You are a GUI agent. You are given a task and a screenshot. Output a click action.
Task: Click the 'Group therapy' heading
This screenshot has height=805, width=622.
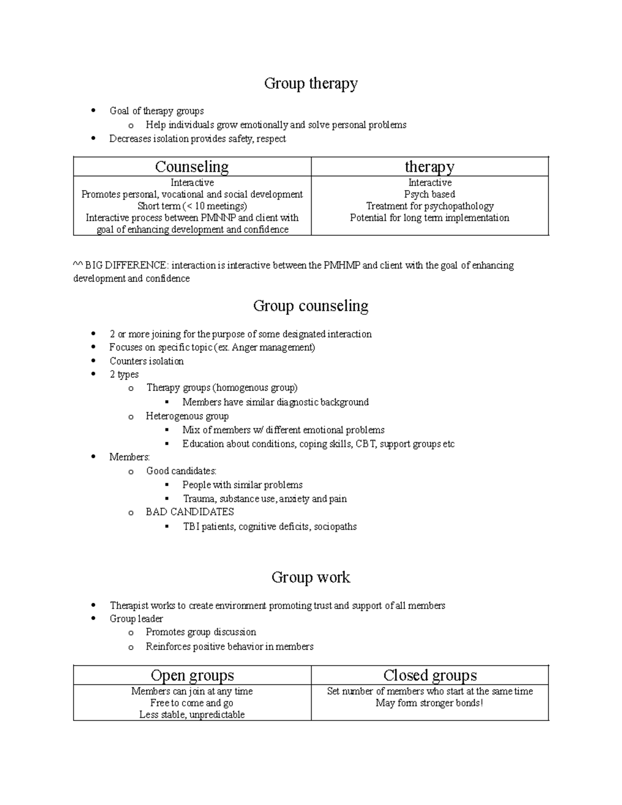click(310, 83)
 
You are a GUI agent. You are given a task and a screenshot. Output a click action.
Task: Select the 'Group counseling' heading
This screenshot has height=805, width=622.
click(310, 306)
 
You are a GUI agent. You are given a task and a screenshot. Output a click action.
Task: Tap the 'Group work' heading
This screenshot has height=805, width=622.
click(310, 577)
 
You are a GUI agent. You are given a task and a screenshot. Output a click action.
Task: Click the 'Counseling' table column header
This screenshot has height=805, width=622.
click(192, 167)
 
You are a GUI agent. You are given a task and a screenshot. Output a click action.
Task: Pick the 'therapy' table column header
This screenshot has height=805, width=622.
click(429, 167)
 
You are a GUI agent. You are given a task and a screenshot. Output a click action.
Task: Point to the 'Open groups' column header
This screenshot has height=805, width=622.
click(192, 675)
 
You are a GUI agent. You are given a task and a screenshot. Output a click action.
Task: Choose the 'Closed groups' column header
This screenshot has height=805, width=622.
click(430, 675)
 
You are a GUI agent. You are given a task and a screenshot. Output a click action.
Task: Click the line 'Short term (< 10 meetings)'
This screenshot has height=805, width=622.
click(192, 206)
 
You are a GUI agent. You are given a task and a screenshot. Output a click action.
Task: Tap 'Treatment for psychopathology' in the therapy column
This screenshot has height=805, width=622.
click(430, 206)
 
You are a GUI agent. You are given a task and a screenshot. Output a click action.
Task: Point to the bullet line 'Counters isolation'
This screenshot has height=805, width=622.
click(146, 361)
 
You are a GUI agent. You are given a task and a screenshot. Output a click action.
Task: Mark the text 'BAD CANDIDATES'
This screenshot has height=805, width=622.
click(190, 512)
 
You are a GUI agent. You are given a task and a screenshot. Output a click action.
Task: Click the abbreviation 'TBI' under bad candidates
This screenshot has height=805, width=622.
click(191, 527)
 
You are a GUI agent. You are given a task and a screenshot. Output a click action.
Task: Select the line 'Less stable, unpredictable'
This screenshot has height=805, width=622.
click(192, 715)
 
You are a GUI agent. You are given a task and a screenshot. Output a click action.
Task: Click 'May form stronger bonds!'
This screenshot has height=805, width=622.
click(429, 703)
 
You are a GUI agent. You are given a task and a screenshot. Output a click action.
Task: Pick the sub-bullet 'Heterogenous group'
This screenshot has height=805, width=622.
click(187, 416)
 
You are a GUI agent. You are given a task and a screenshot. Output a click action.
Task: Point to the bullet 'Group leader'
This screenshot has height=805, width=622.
click(136, 619)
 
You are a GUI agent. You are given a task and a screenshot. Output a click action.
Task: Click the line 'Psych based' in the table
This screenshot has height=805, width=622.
click(430, 194)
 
